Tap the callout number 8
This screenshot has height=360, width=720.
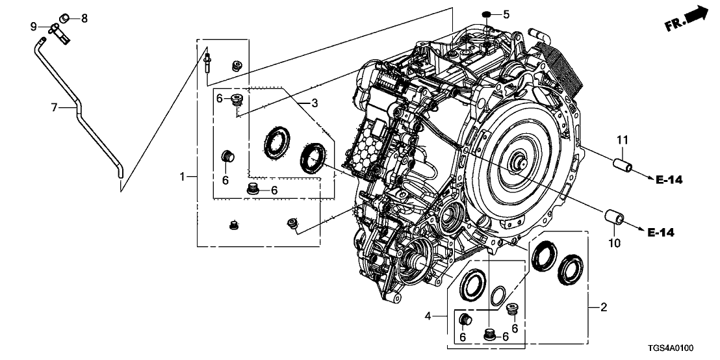pyautogui.click(x=84, y=18)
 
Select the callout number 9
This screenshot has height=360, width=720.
pyautogui.click(x=33, y=25)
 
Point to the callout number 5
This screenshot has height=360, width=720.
pyautogui.click(x=506, y=14)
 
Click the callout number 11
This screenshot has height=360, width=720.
pyautogui.click(x=623, y=140)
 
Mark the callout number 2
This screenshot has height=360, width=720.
pyautogui.click(x=603, y=307)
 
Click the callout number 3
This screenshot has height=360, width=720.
pyautogui.click(x=314, y=103)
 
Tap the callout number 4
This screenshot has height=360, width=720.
pyautogui.click(x=428, y=316)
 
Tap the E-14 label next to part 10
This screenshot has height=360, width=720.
pyautogui.click(x=662, y=233)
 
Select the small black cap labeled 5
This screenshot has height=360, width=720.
pyautogui.click(x=487, y=13)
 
